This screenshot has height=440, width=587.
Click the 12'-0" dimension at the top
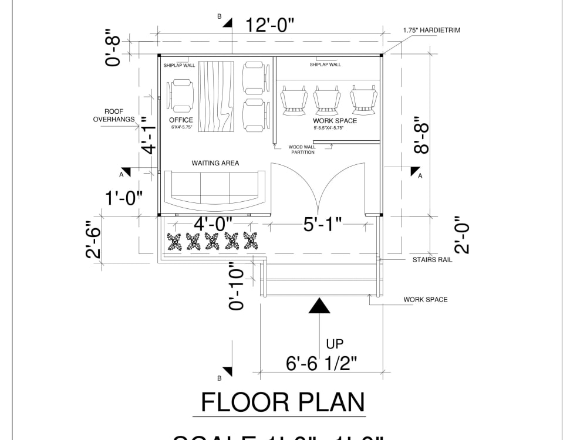coord(270,26)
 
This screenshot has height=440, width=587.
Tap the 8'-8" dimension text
coord(421,138)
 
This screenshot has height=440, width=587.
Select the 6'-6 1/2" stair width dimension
coord(322,364)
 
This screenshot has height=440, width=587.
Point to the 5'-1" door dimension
coord(322,224)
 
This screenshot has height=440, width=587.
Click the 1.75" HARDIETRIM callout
coord(431,30)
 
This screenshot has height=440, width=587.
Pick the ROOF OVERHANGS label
coord(114,115)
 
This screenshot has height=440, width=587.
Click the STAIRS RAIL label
coord(432,259)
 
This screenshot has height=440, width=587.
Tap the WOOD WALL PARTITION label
coord(303,150)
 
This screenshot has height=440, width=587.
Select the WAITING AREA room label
coord(215,163)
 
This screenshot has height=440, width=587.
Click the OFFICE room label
coord(181,120)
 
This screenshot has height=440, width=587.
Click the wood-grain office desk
coord(216,96)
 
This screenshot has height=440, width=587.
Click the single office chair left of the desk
coord(181,96)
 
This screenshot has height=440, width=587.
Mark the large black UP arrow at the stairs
coord(319,306)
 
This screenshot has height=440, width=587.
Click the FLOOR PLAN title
coord(283,402)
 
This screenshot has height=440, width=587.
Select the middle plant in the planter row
coord(212,241)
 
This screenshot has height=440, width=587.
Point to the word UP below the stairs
coord(335,344)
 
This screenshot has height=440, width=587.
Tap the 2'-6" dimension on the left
coord(94,239)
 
